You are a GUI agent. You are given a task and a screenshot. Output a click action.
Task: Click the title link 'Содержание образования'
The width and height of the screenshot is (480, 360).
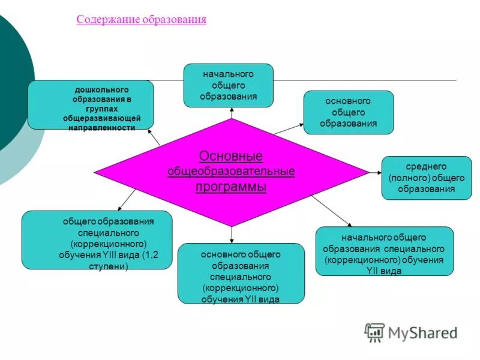[142, 20]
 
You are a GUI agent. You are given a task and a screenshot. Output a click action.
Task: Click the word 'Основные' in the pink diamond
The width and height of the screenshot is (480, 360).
[231, 157]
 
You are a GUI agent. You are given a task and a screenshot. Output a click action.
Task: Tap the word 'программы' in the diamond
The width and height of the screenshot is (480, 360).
[231, 187]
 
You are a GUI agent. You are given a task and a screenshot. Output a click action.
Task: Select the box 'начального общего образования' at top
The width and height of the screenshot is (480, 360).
[229, 85]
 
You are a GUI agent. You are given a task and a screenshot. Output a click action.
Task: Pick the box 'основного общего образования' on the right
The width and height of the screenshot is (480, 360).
[349, 112]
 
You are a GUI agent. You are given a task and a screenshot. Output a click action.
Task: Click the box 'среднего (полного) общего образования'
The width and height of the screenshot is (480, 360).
[427, 178]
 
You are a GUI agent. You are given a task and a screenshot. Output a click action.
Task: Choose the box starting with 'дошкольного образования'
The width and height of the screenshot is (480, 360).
[91, 104]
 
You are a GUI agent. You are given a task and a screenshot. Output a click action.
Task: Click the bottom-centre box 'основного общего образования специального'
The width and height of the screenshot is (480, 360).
[241, 274]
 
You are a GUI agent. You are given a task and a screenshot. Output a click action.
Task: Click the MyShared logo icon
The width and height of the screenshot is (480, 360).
[374, 332]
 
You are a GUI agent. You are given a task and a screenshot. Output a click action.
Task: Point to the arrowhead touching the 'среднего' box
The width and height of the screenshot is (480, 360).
[379, 173]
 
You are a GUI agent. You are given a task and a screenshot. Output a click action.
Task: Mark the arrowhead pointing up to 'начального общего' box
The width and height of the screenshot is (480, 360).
[230, 110]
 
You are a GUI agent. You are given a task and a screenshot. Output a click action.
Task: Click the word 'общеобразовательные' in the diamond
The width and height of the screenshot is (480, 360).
[231, 172]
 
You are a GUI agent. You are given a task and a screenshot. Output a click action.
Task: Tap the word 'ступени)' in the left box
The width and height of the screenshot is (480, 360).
[109, 265]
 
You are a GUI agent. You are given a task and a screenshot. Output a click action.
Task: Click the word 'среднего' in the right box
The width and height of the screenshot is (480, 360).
[427, 166]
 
